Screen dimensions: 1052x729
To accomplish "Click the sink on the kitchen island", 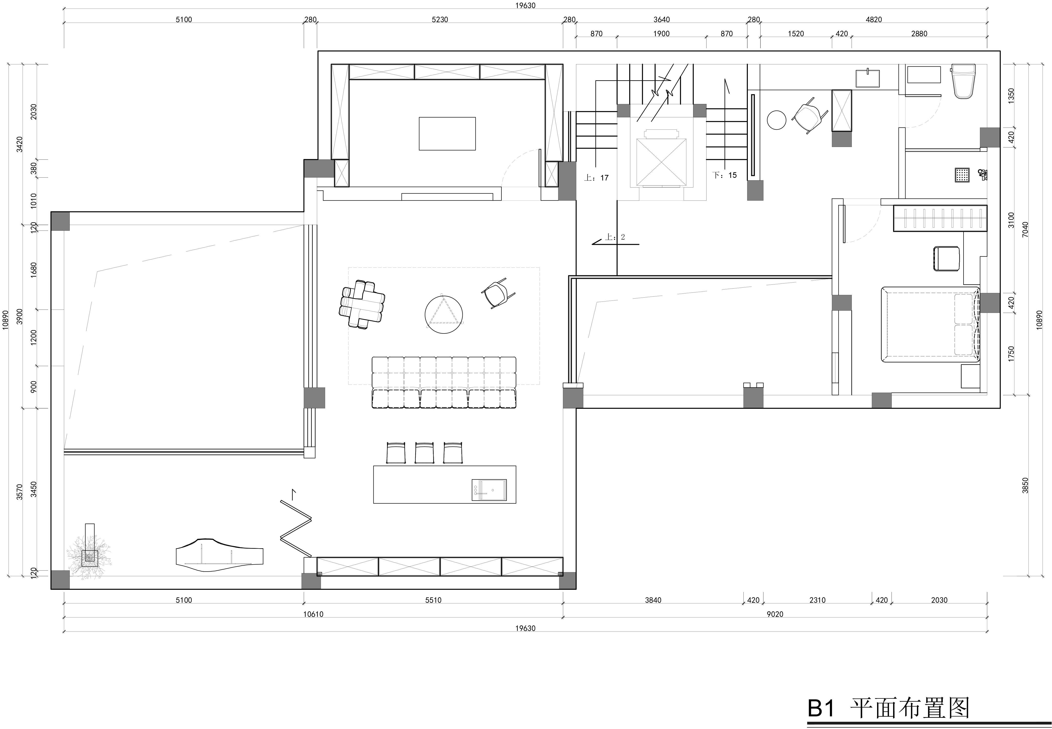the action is [489, 490].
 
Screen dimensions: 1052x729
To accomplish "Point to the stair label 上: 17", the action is [596, 178].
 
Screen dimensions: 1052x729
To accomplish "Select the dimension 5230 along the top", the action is [440, 20].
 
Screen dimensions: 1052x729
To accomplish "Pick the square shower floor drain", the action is [962, 175].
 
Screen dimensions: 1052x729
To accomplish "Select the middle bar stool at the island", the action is [424, 453].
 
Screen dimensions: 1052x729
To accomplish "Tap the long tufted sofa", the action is [444, 382].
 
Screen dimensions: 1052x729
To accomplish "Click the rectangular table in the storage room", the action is [447, 133].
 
